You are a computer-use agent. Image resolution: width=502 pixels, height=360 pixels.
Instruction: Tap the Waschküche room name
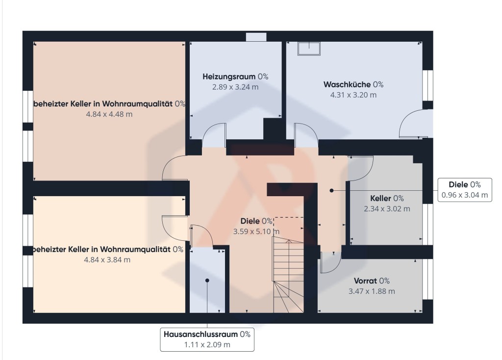(x=347, y=84)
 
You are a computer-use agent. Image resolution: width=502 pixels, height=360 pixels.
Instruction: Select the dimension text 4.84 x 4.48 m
(x=109, y=114)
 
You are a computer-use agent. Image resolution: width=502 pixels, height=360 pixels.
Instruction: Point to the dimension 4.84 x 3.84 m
(x=107, y=260)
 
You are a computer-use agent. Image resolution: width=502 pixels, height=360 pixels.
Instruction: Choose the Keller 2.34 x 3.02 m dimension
(x=387, y=209)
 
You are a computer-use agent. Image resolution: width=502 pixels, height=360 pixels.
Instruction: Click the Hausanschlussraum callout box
(x=207, y=339)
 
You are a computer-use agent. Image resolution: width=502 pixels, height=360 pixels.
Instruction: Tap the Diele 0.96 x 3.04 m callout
(x=465, y=190)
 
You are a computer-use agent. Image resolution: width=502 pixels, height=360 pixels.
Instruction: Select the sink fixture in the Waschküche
(x=309, y=49)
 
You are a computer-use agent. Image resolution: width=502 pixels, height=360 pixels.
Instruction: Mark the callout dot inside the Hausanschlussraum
(x=207, y=281)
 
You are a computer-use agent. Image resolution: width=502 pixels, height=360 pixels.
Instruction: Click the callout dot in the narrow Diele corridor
(x=332, y=191)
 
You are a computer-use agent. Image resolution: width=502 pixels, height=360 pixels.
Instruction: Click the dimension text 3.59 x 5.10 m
(x=256, y=231)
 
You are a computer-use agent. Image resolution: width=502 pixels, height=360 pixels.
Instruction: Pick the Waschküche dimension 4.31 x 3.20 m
(x=353, y=95)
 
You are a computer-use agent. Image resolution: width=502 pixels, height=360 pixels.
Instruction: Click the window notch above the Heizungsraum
(x=256, y=37)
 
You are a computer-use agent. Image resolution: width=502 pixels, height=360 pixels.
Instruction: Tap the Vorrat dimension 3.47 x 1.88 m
(x=372, y=291)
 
